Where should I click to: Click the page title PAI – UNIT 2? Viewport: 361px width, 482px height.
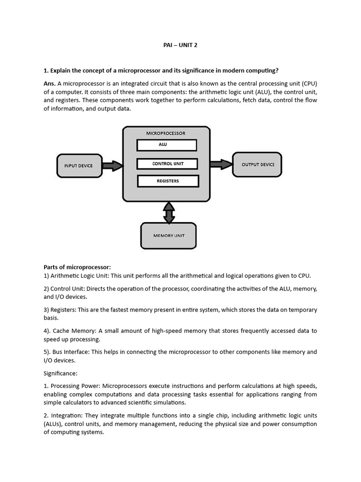[x=180, y=46]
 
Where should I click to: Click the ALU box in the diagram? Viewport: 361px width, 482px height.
[x=166, y=145]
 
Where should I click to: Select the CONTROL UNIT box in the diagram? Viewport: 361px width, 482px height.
[x=167, y=164]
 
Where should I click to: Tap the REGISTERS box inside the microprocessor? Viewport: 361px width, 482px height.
[x=168, y=181]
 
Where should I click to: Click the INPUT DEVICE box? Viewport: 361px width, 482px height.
[x=78, y=166]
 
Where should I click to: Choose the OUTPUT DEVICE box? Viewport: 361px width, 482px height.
[x=257, y=164]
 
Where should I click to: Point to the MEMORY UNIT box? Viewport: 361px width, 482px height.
[x=169, y=235]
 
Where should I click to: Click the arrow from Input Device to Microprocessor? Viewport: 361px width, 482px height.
[x=112, y=166]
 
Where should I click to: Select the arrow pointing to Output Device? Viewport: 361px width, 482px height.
[x=221, y=164]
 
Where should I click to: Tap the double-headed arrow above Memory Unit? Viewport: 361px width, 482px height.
[x=169, y=212]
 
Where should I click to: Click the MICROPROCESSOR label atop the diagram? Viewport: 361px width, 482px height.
[x=165, y=133]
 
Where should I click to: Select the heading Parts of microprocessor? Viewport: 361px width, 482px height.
[x=77, y=267]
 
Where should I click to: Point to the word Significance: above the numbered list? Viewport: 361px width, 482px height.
[x=60, y=373]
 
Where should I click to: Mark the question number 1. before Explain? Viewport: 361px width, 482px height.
[x=46, y=71]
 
